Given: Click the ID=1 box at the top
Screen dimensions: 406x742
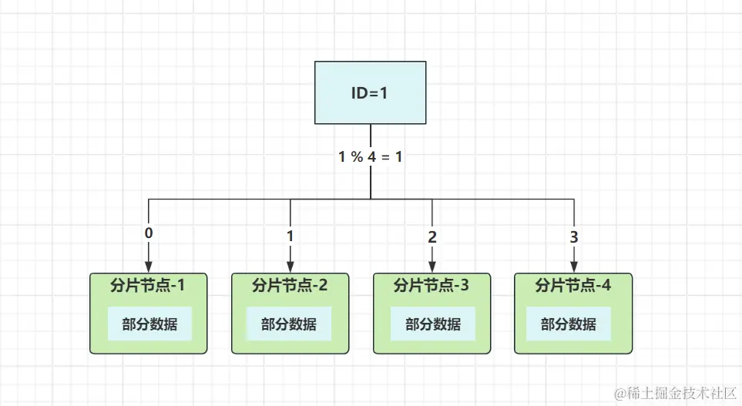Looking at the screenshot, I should [370, 92].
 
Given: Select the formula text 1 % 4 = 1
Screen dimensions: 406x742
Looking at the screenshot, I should [370, 156].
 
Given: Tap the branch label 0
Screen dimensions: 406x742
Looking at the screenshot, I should [148, 232].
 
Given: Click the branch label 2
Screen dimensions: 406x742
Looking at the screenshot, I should [431, 237].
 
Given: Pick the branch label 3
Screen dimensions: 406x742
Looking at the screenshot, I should [573, 237].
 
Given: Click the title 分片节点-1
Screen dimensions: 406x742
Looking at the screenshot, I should [148, 286].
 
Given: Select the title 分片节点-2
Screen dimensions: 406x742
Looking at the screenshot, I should [290, 286].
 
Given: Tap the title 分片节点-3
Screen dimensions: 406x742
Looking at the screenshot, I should [431, 286].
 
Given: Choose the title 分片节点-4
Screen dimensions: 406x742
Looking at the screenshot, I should [573, 286].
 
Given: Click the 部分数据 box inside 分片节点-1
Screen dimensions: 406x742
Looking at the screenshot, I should [148, 324].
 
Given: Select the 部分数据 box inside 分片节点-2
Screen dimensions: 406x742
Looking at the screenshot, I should [289, 324].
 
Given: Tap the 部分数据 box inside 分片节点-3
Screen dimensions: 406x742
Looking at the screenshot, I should [431, 324].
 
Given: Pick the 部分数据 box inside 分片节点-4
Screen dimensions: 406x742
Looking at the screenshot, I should [569, 324].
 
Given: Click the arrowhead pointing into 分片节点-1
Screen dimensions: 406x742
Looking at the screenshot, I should [148, 267].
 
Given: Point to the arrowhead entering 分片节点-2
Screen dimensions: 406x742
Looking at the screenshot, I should [290, 267].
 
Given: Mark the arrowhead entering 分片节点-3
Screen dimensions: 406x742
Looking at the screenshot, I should [431, 267].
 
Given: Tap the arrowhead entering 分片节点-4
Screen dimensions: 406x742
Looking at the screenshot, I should [573, 267].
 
